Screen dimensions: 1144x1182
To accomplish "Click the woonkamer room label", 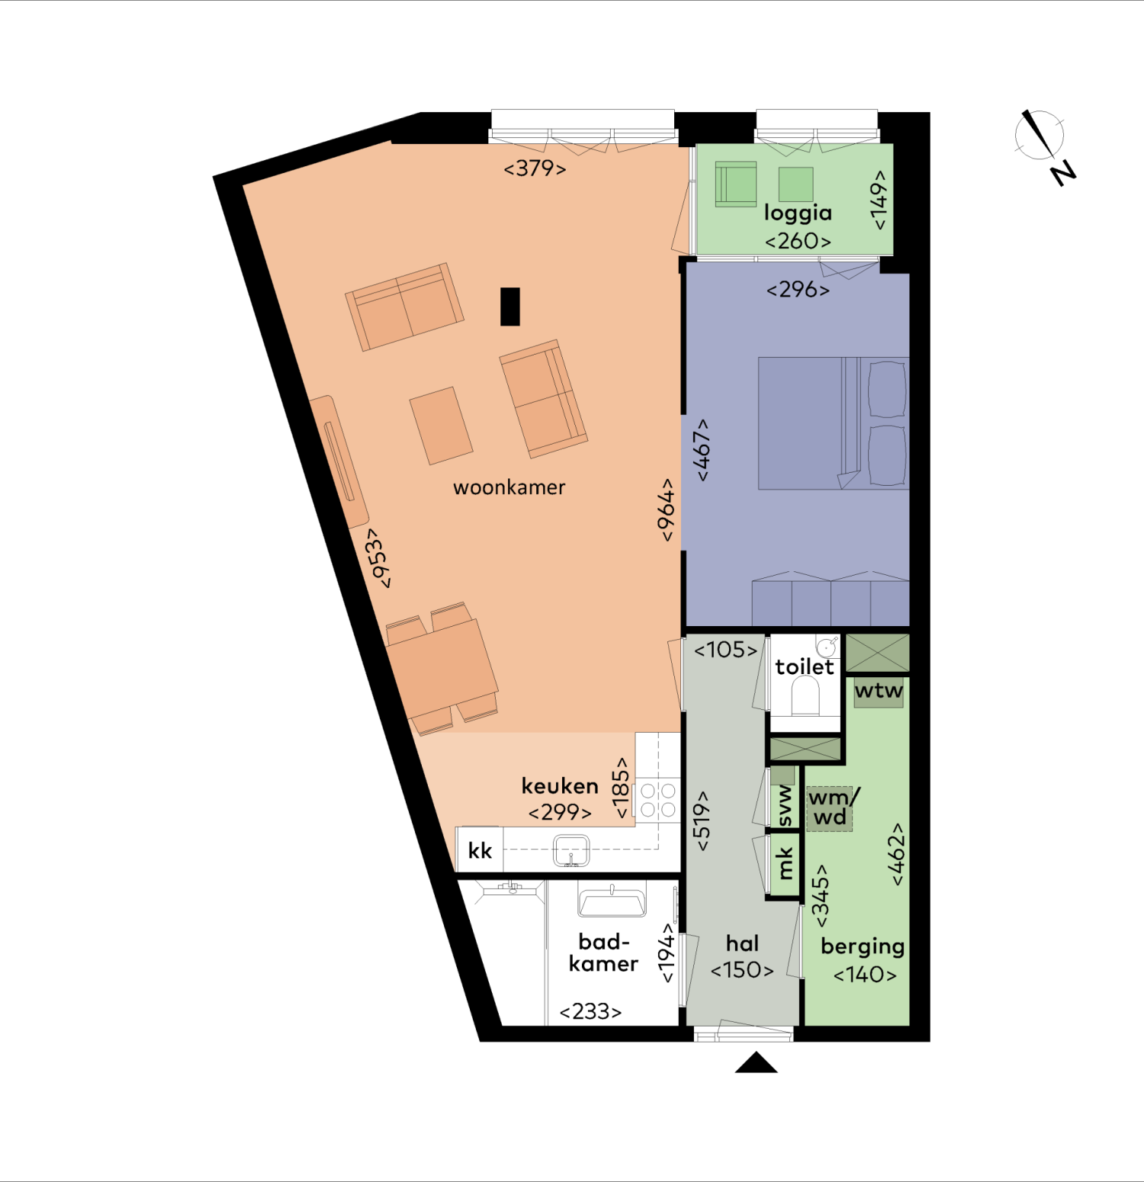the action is tap(509, 487).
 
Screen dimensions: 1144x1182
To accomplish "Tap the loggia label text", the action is tap(798, 214).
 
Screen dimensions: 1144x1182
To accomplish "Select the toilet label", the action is tap(805, 667).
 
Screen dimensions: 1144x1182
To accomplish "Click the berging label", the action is tap(863, 946).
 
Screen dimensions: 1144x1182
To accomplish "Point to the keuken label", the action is tap(560, 786).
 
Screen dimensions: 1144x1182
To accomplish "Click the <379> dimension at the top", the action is tap(535, 169).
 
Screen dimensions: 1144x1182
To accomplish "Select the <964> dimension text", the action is tap(667, 510).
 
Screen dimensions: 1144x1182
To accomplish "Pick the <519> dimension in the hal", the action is tap(702, 821).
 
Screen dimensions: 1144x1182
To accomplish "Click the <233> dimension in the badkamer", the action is tap(590, 1012).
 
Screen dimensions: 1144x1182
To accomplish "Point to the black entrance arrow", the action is tap(756, 1062).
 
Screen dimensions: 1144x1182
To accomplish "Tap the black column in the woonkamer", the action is tap(510, 307).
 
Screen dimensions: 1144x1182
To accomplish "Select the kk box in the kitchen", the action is tap(480, 850).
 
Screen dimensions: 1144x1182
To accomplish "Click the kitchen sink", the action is tap(571, 851).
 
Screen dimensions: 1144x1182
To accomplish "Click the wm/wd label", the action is tap(832, 808).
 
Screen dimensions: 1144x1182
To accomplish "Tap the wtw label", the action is tap(879, 691).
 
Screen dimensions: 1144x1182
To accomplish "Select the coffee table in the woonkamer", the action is tap(441, 426).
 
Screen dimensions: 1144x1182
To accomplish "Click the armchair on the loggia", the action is tap(736, 184).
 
